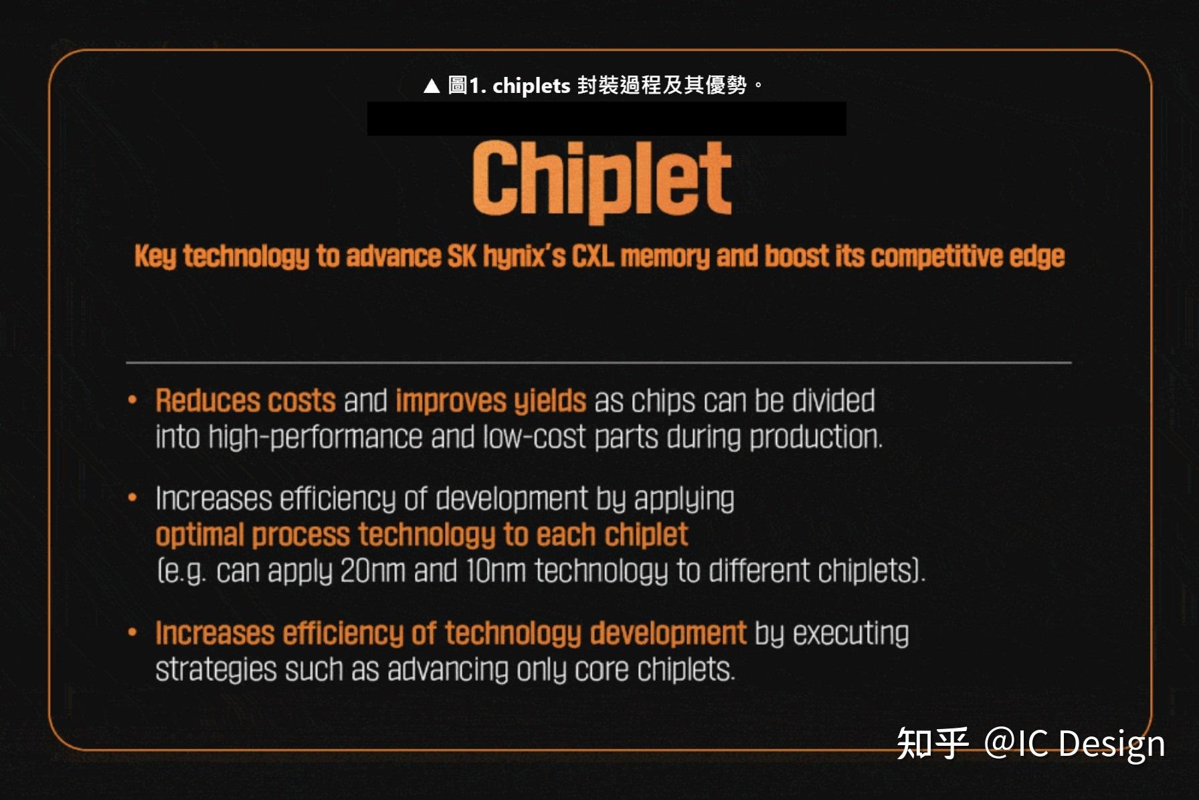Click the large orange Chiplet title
coord(602,179)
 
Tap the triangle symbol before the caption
coord(432,86)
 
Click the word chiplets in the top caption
coord(531,86)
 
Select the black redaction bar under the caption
coord(606,119)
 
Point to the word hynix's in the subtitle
coord(524,256)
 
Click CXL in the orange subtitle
coord(592,256)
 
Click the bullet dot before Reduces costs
coord(132,400)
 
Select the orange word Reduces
coord(207,401)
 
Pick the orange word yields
coord(550,401)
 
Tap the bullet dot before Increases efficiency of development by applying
coord(132,498)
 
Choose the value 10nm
coord(495,571)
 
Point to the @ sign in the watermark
coord(1000,742)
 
